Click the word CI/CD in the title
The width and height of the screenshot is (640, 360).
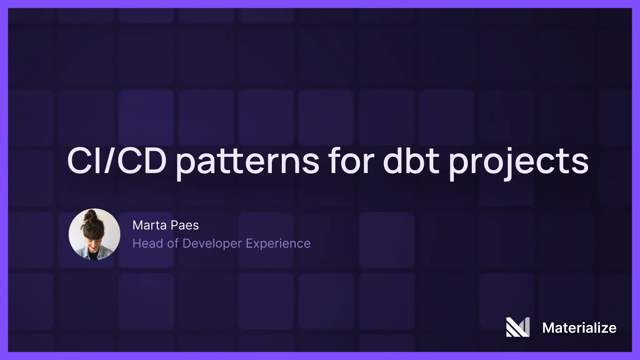(x=116, y=161)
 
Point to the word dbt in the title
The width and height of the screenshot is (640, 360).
(x=411, y=161)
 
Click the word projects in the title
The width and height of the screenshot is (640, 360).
(x=518, y=162)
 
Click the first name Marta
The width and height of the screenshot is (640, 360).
(x=148, y=225)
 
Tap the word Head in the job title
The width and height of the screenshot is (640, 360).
(x=147, y=243)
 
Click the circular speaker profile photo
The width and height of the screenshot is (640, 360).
(x=94, y=234)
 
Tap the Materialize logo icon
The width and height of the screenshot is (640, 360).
(x=518, y=327)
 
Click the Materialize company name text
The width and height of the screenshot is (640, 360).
(x=579, y=328)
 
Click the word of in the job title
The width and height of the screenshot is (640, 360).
(x=172, y=243)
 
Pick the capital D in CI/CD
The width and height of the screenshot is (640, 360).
(x=153, y=161)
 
